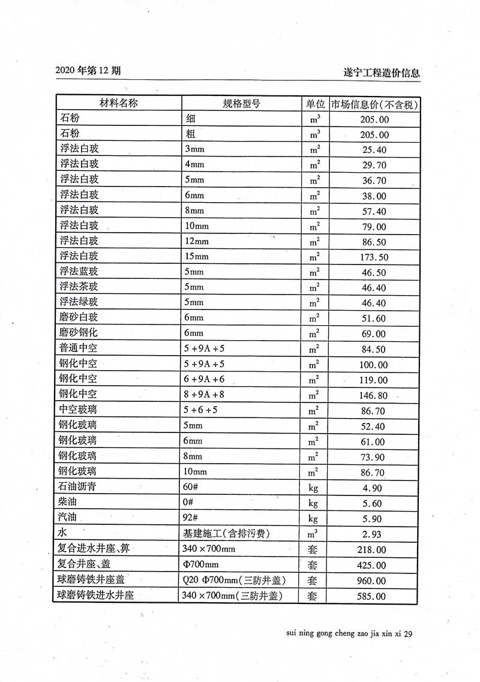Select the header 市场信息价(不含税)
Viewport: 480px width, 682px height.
374,104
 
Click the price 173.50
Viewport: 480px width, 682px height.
374,257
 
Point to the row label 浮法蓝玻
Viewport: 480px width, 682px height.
79,272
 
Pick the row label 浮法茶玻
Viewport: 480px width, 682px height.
79,287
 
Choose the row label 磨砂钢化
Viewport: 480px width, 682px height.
79,334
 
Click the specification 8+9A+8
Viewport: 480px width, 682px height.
204,395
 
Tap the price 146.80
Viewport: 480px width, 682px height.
374,396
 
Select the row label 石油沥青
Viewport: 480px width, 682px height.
79,487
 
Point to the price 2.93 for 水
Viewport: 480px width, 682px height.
374,534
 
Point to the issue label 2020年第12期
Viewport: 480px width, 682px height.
88,70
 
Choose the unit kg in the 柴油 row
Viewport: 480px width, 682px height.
314,503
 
